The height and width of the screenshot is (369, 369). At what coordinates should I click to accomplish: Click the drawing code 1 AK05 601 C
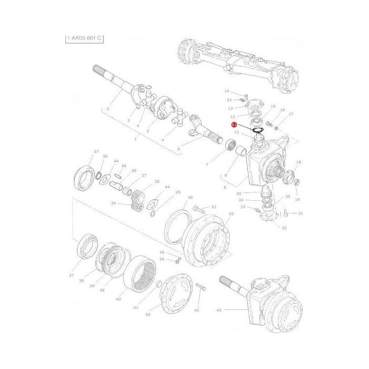84,38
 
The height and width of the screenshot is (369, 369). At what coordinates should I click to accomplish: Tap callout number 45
219,310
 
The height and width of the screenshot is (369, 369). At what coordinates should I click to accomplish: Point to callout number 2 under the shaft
108,109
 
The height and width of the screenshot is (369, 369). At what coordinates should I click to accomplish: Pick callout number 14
227,91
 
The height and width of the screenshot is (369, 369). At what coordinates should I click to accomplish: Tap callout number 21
300,213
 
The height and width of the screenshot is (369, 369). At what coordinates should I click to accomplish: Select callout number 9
226,175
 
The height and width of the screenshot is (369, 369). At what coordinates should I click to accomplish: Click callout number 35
113,203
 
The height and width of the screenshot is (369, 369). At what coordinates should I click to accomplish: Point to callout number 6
178,149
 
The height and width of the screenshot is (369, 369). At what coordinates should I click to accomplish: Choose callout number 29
178,192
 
